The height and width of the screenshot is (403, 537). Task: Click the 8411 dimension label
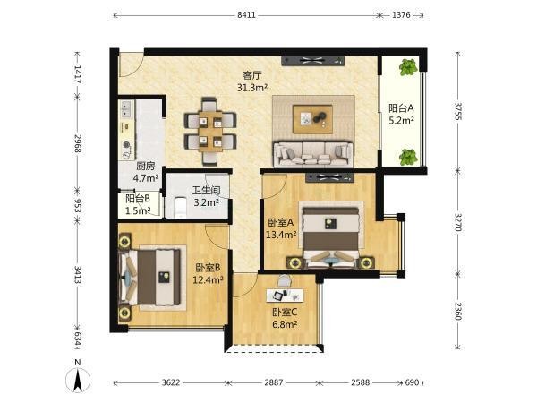[x=247, y=15]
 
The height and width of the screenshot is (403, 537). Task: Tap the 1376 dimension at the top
[x=401, y=15]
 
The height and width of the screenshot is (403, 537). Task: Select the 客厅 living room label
[x=252, y=75]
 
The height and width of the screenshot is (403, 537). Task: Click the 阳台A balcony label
[x=401, y=108]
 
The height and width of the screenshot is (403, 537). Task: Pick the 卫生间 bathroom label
[x=206, y=190]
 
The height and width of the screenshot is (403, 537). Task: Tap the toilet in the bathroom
[x=181, y=208]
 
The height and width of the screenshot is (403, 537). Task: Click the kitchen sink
[x=126, y=109]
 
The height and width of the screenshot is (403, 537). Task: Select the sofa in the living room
[x=313, y=154]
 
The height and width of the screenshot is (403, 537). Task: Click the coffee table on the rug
[x=312, y=119]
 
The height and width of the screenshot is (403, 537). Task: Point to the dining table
[x=210, y=132]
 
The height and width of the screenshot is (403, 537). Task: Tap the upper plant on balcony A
[x=408, y=67]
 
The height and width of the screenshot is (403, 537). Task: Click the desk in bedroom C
[x=285, y=296]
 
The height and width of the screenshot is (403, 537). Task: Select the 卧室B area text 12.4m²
[x=208, y=280]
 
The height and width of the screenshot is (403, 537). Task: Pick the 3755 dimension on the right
[x=458, y=111]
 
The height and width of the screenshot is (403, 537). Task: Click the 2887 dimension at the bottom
[x=274, y=382]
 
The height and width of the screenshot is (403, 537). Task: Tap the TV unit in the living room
[x=312, y=61]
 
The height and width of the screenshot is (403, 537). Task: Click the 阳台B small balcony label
[x=138, y=199]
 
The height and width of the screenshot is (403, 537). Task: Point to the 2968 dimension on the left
[x=77, y=144]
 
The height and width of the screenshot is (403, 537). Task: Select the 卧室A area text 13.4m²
[x=281, y=235]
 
